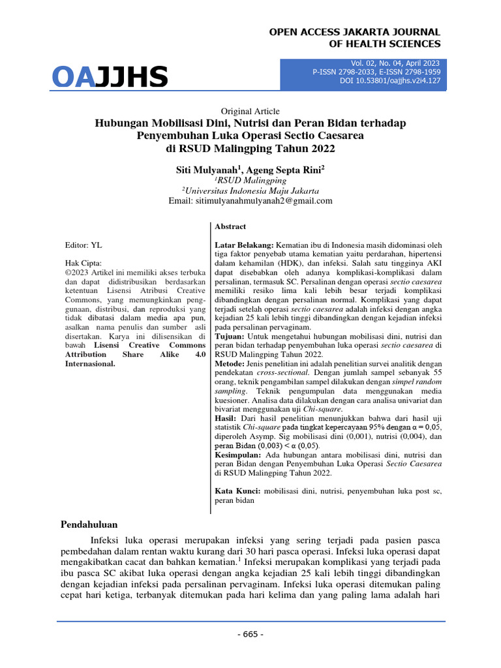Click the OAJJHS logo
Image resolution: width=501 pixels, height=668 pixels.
click(x=110, y=77)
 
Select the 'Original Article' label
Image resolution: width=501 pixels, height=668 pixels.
click(x=250, y=112)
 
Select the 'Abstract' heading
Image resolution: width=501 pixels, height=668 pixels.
click(x=230, y=227)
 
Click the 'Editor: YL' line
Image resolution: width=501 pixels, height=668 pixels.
click(x=83, y=245)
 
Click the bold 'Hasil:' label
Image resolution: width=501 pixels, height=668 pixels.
click(x=226, y=417)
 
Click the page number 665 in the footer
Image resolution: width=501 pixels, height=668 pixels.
click(x=250, y=634)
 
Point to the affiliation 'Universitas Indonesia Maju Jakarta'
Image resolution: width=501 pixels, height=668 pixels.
click(x=250, y=190)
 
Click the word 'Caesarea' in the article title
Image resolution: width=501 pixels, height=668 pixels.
click(x=338, y=136)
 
